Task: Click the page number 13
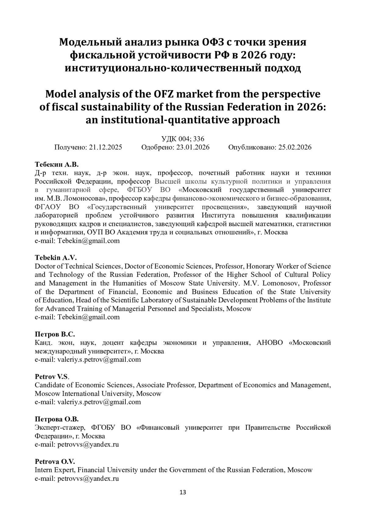click(x=183, y=492)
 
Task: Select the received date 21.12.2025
click(x=106, y=147)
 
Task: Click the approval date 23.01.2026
click(x=193, y=147)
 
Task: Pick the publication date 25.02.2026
click(x=295, y=147)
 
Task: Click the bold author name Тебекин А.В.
click(x=57, y=164)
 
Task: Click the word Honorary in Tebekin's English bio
click(x=259, y=266)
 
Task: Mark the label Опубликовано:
click(x=252, y=147)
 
